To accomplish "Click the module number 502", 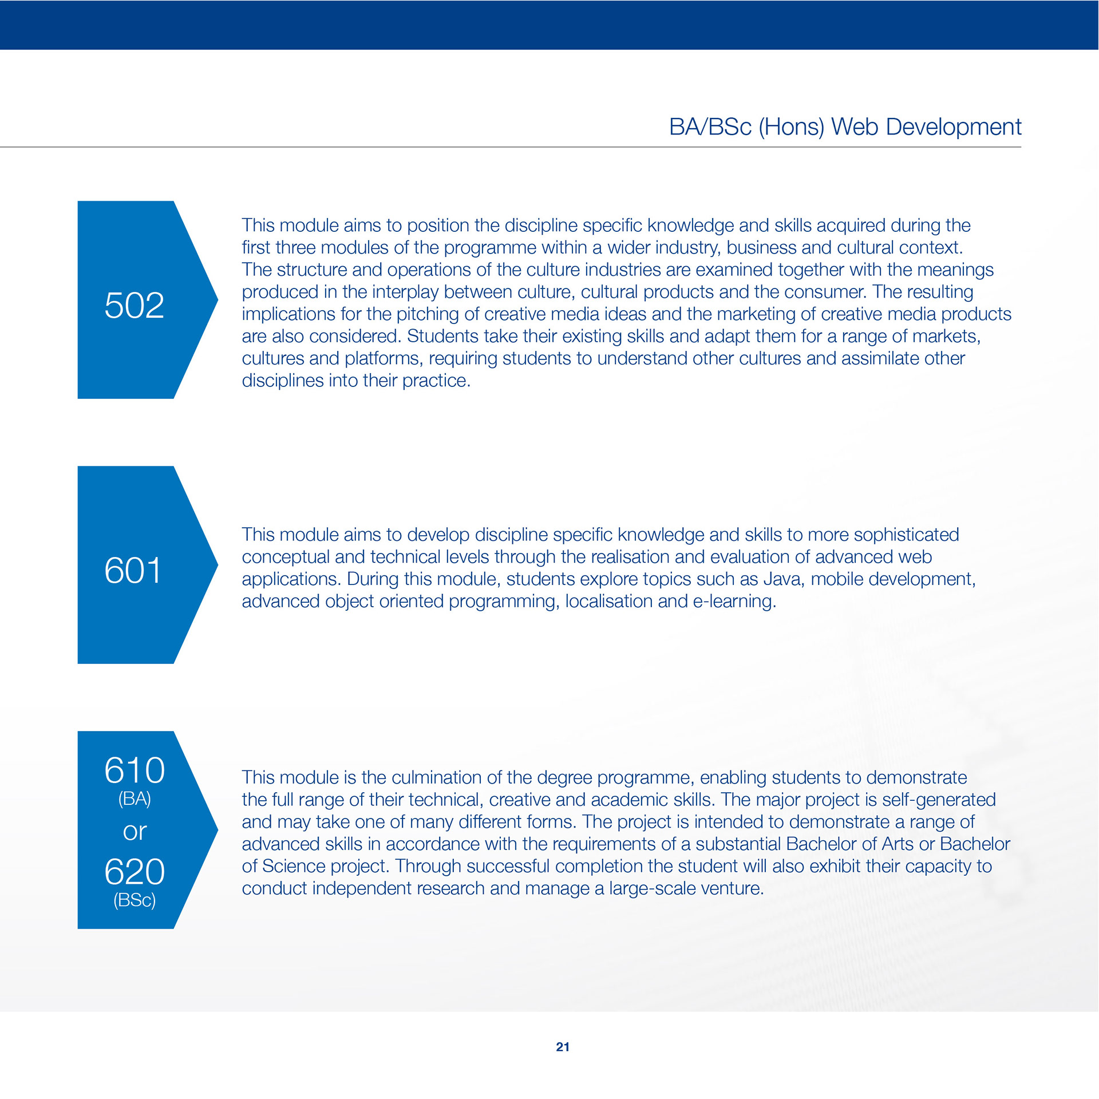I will click(x=134, y=305).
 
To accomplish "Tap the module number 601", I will click(x=133, y=571).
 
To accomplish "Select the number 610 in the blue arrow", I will click(x=135, y=770).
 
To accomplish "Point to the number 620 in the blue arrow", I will click(x=135, y=872).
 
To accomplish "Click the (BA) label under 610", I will click(x=135, y=798).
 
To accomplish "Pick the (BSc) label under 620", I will click(x=135, y=900).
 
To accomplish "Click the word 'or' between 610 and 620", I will click(x=135, y=832).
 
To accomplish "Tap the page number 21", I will click(x=563, y=1047).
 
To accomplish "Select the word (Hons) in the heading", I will click(x=791, y=126).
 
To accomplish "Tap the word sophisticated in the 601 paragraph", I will click(x=906, y=535).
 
